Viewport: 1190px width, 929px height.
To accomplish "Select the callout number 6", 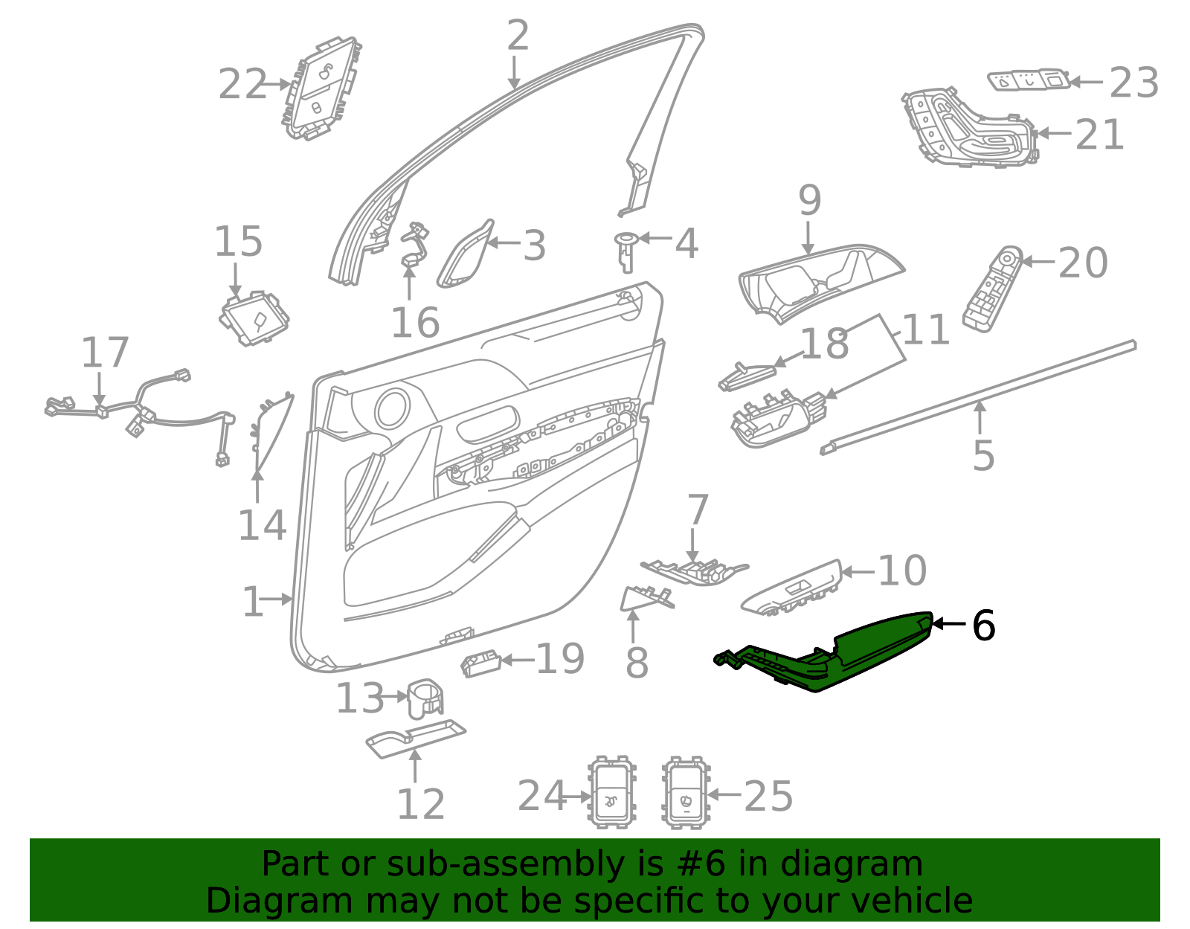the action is click(x=983, y=626).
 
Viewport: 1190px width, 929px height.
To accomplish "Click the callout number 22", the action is click(x=242, y=84).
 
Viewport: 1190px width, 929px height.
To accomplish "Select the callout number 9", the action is click(x=809, y=200).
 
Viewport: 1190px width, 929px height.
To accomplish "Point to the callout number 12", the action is click(x=420, y=804).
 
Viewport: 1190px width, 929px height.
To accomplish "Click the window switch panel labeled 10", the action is click(x=792, y=588).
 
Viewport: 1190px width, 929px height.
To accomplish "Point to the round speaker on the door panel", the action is click(x=391, y=408).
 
